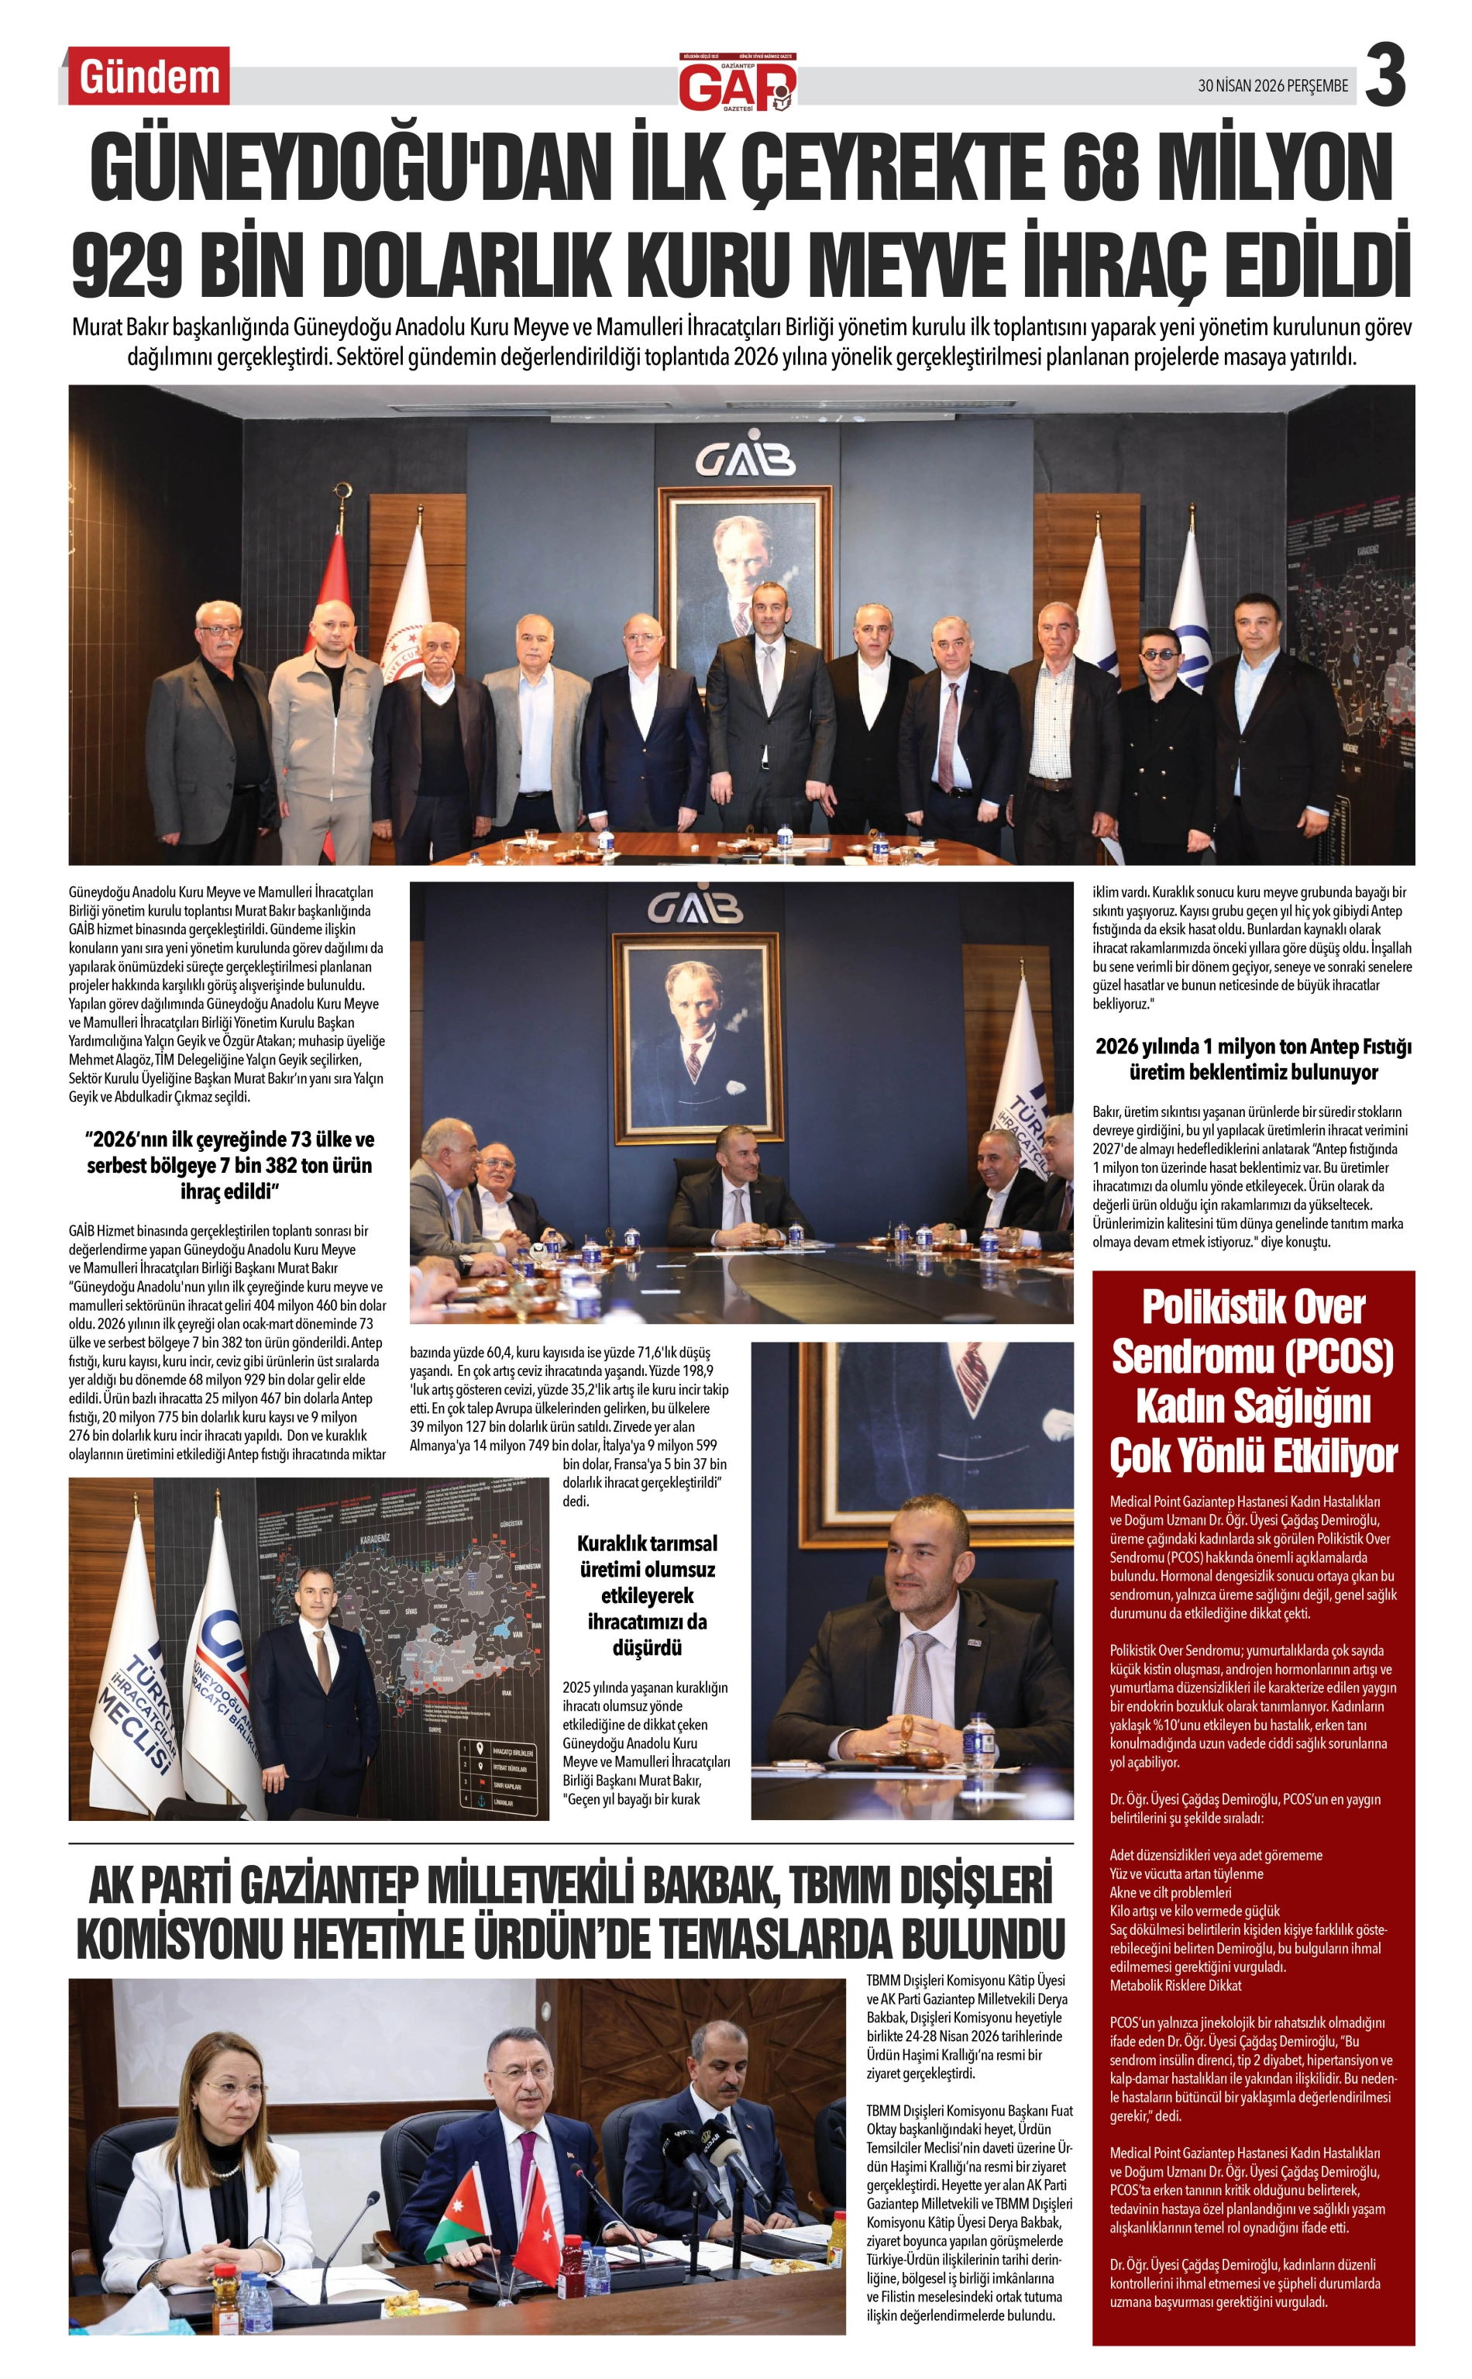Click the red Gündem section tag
click(x=149, y=76)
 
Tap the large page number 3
click(x=1384, y=76)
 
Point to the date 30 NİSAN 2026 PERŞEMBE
click(x=1272, y=86)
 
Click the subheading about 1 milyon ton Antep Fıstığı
click(x=1252, y=1059)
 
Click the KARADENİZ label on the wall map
click(x=375, y=1539)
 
